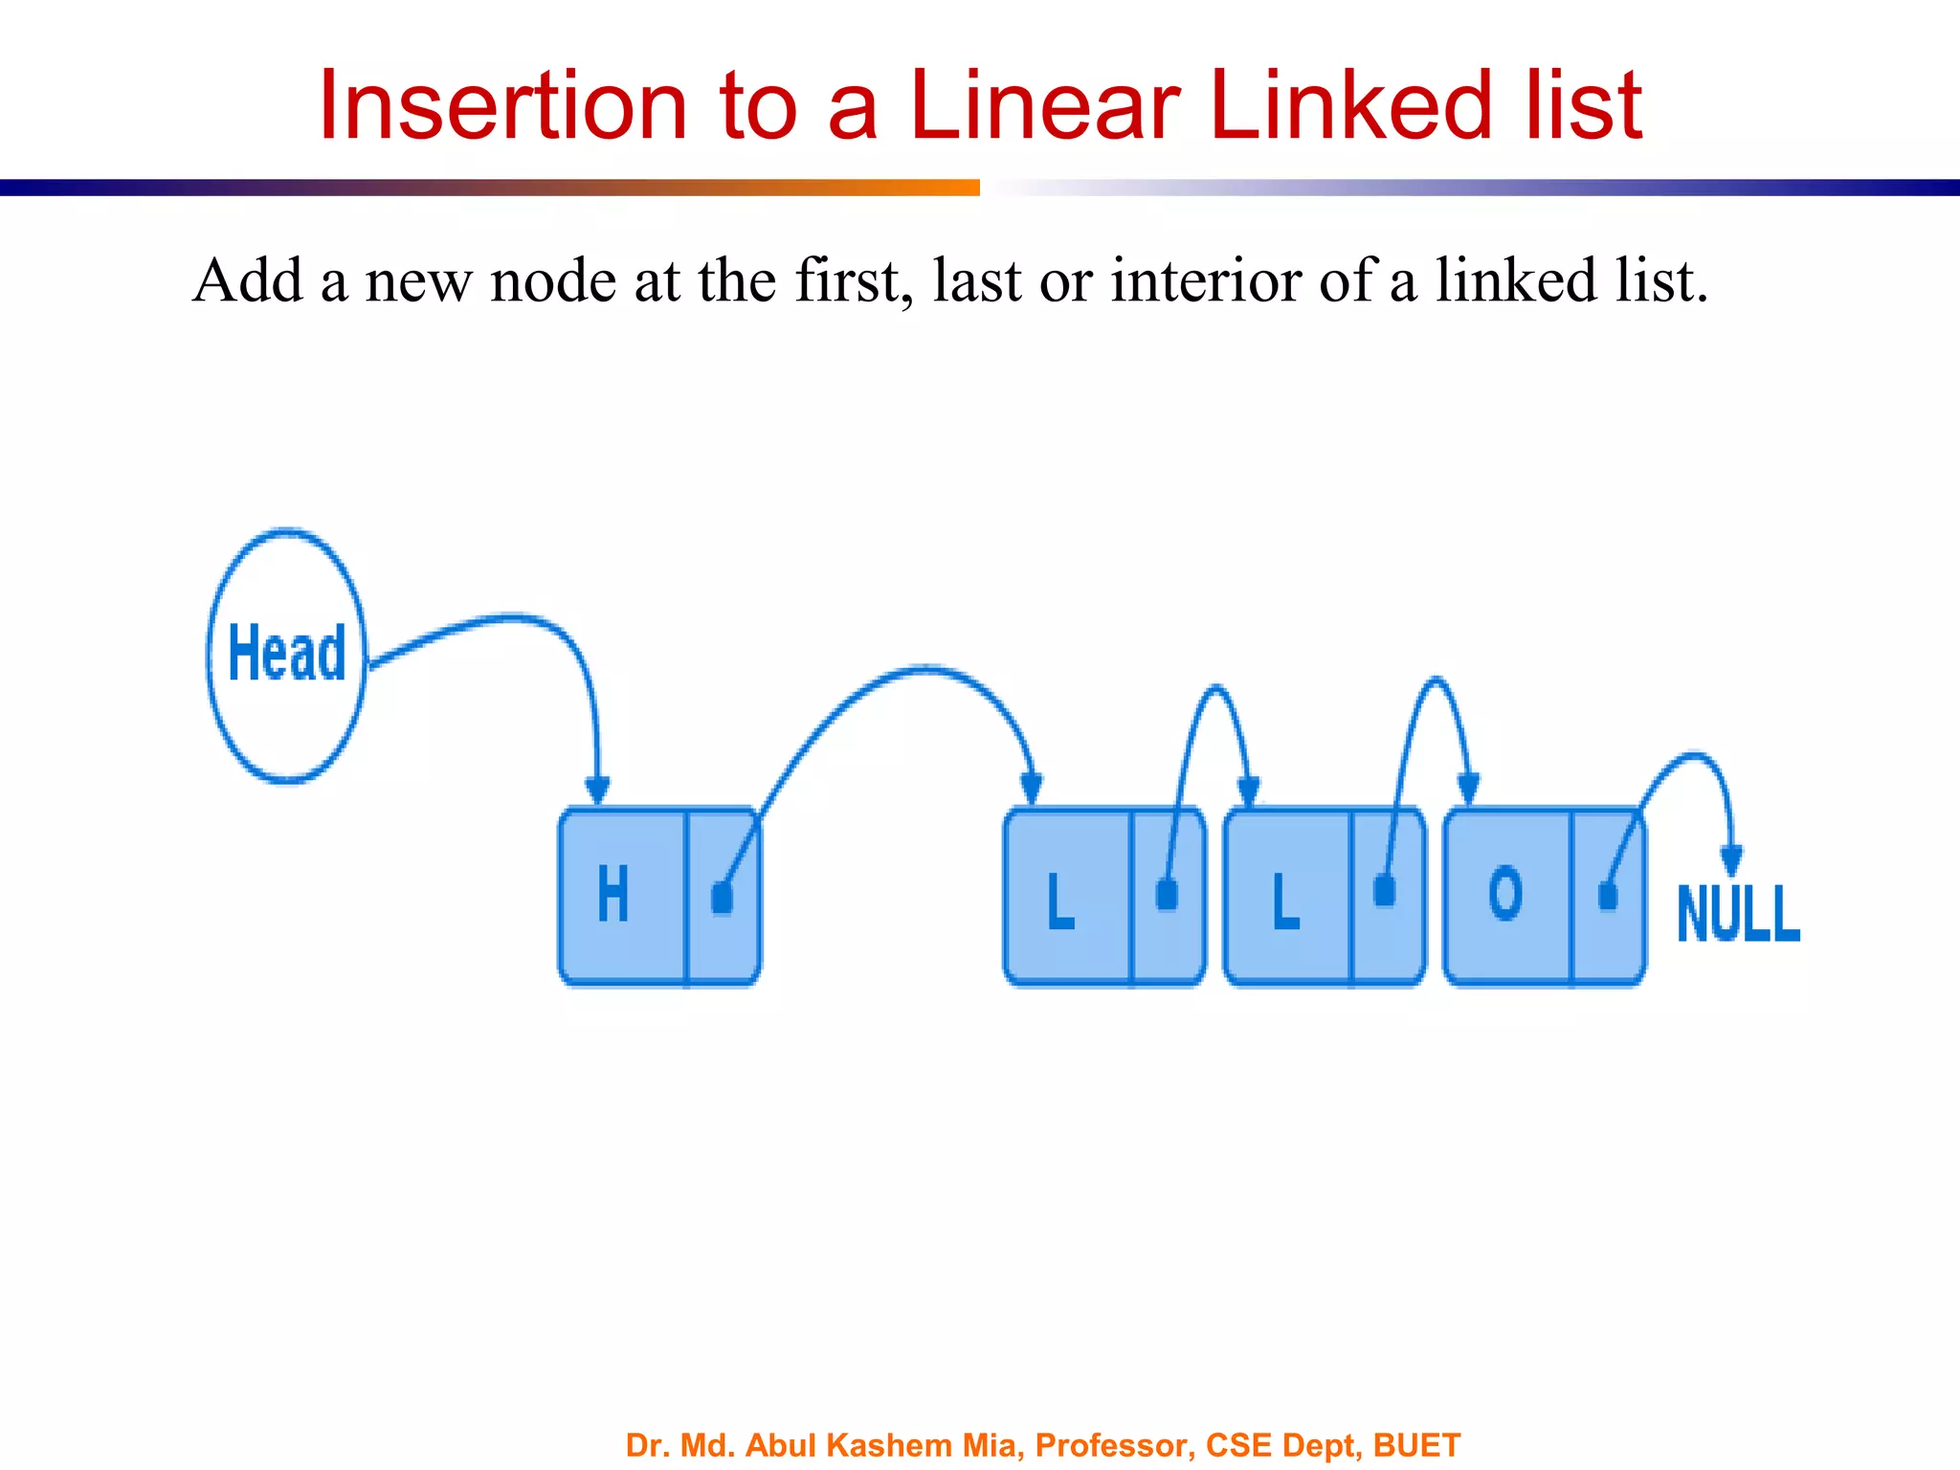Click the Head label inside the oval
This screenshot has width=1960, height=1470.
pos(287,653)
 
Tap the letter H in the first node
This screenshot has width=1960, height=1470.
pos(613,894)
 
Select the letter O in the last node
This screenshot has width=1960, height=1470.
pos(1505,894)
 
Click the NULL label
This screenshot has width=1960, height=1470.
pos(1738,914)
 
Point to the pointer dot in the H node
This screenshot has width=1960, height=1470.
pos(722,899)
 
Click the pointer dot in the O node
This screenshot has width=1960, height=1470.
pos(1608,896)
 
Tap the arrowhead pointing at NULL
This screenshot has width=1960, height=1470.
pos(1731,860)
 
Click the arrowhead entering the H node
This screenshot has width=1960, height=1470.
pos(597,791)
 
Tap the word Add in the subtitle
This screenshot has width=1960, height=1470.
pos(248,281)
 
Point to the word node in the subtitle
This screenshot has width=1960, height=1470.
pos(553,281)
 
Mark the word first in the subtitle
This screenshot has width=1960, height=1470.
pos(848,281)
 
